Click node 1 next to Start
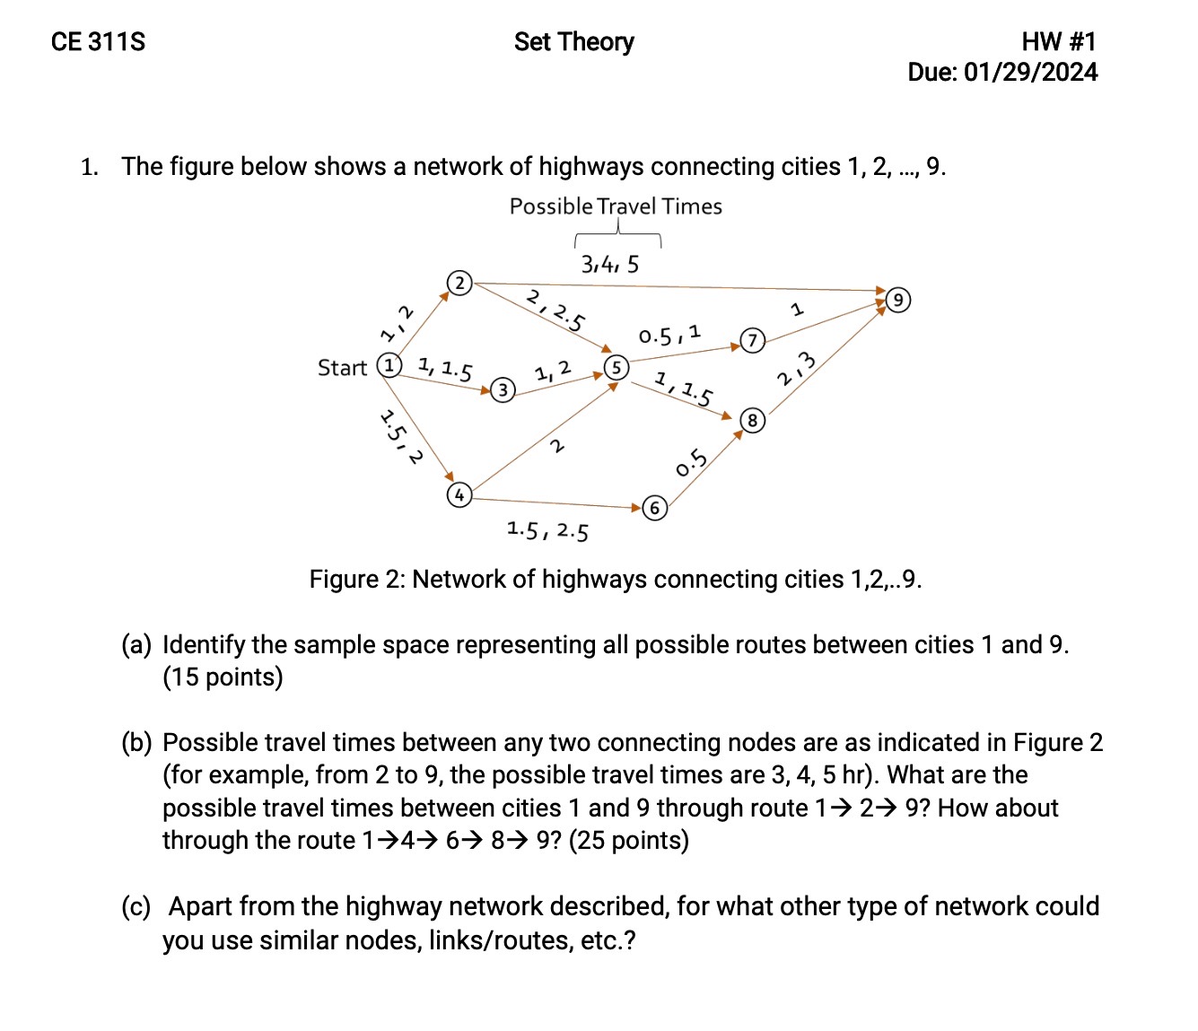pyautogui.click(x=389, y=366)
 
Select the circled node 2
pyautogui.click(x=459, y=284)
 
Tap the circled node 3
pyautogui.click(x=503, y=389)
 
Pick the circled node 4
pyautogui.click(x=459, y=494)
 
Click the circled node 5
pyautogui.click(x=616, y=367)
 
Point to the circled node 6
pyautogui.click(x=655, y=509)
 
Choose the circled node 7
pyautogui.click(x=752, y=340)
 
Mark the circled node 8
pyautogui.click(x=752, y=420)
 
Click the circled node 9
pyautogui.click(x=898, y=300)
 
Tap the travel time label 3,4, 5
pyautogui.click(x=610, y=264)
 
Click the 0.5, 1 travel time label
pyautogui.click(x=670, y=336)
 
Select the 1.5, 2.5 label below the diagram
pyautogui.click(x=547, y=530)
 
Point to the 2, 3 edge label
pyautogui.click(x=797, y=369)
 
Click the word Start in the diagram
pyautogui.click(x=342, y=368)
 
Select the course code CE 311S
pyautogui.click(x=98, y=42)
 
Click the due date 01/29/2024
pyautogui.click(x=1030, y=73)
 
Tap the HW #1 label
pyautogui.click(x=1058, y=41)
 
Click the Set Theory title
pyautogui.click(x=573, y=42)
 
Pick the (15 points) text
pyautogui.click(x=223, y=677)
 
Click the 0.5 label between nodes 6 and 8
pyautogui.click(x=692, y=463)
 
